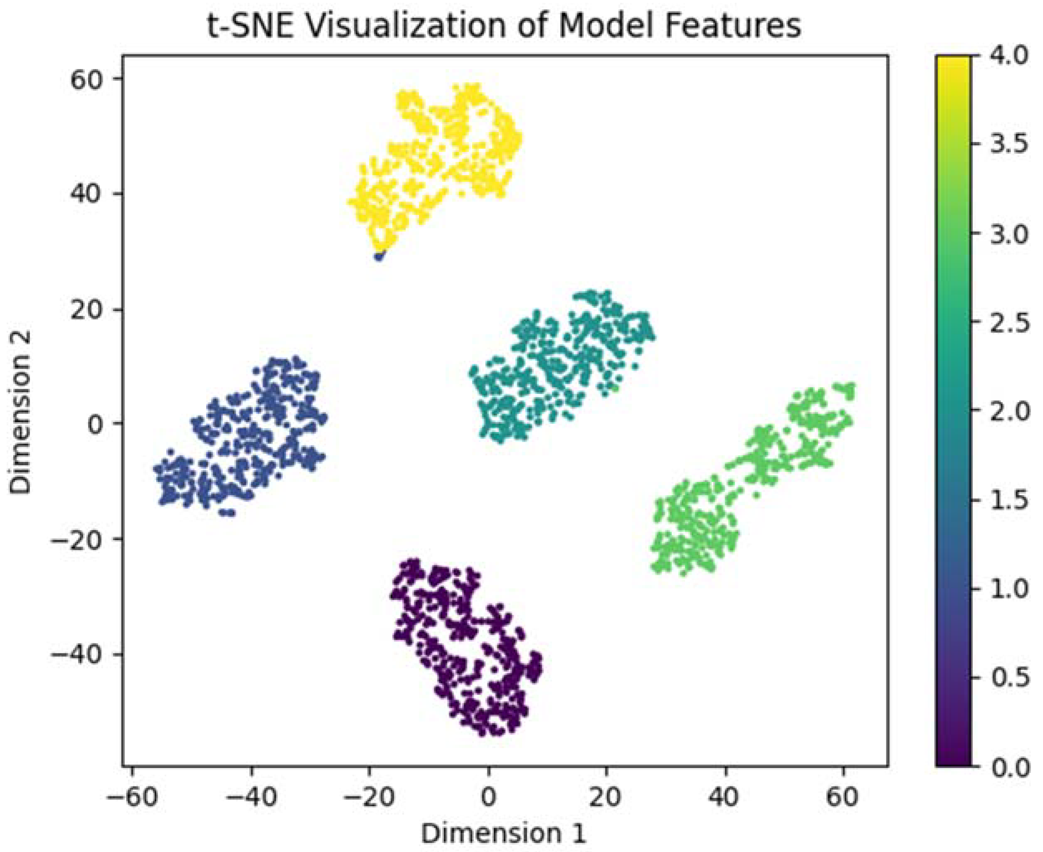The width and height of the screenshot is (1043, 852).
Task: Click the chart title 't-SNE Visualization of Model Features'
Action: pyautogui.click(x=504, y=25)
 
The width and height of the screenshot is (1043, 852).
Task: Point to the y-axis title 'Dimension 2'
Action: pyautogui.click(x=21, y=411)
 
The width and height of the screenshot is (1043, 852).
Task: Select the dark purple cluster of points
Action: pyautogui.click(x=466, y=653)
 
